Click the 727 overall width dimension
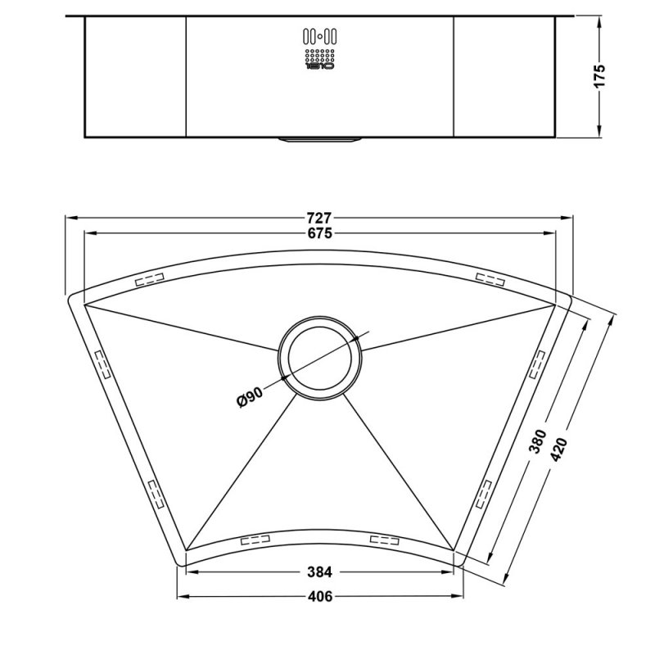click(319, 218)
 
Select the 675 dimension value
click(319, 234)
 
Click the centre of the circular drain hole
click(319, 358)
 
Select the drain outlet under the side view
click(319, 140)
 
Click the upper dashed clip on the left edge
click(102, 364)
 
